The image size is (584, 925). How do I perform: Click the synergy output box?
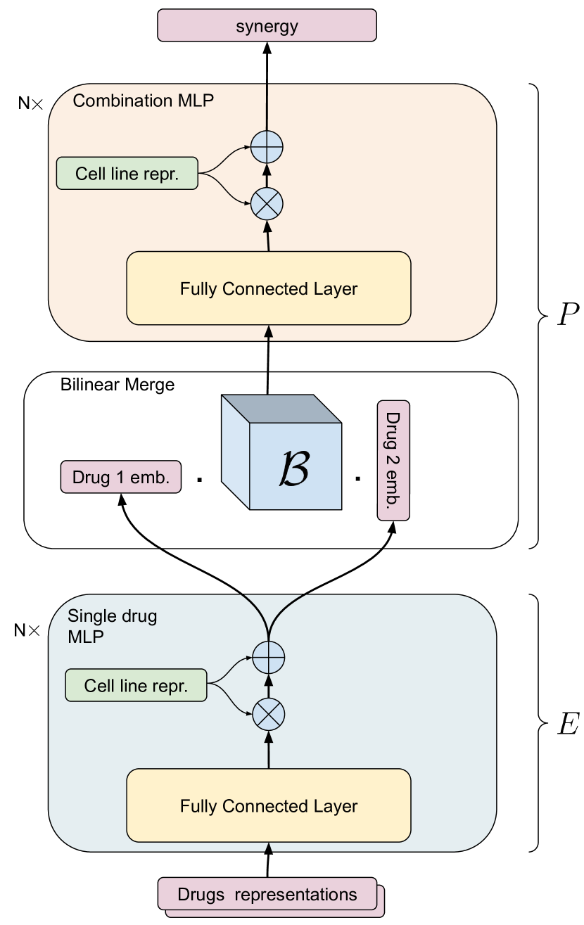coord(267,27)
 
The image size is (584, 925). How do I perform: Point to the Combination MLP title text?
coord(143,101)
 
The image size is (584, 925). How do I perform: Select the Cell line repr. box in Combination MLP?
coord(127,174)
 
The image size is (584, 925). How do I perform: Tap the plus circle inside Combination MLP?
coord(267,147)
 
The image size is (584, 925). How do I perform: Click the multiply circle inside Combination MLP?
coord(267,204)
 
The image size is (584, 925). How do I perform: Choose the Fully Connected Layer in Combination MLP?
coord(268,288)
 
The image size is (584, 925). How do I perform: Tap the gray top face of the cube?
coord(281,409)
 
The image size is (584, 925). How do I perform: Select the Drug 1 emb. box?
coord(121,477)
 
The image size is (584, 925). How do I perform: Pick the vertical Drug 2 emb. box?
coord(393,460)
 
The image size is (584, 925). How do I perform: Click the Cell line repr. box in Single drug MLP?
coord(136,685)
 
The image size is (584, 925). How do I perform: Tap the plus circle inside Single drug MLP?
coord(269,658)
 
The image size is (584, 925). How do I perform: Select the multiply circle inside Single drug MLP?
coord(269,715)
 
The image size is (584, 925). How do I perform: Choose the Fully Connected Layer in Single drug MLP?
coord(268,805)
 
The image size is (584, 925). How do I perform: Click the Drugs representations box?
coord(267,895)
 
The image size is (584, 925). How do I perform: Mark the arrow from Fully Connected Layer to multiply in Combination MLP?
coord(268,236)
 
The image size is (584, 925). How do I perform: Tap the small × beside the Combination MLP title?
coord(37,105)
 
